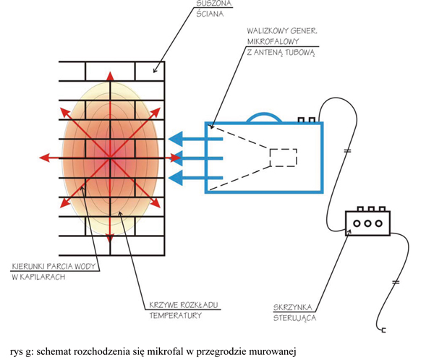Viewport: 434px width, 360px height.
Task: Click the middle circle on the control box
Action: point(367,223)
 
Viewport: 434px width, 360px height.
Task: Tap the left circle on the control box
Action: point(357,223)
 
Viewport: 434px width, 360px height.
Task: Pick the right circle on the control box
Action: point(378,223)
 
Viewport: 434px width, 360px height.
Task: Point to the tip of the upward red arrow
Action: point(111,74)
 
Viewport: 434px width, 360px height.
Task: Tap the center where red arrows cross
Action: point(111,157)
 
